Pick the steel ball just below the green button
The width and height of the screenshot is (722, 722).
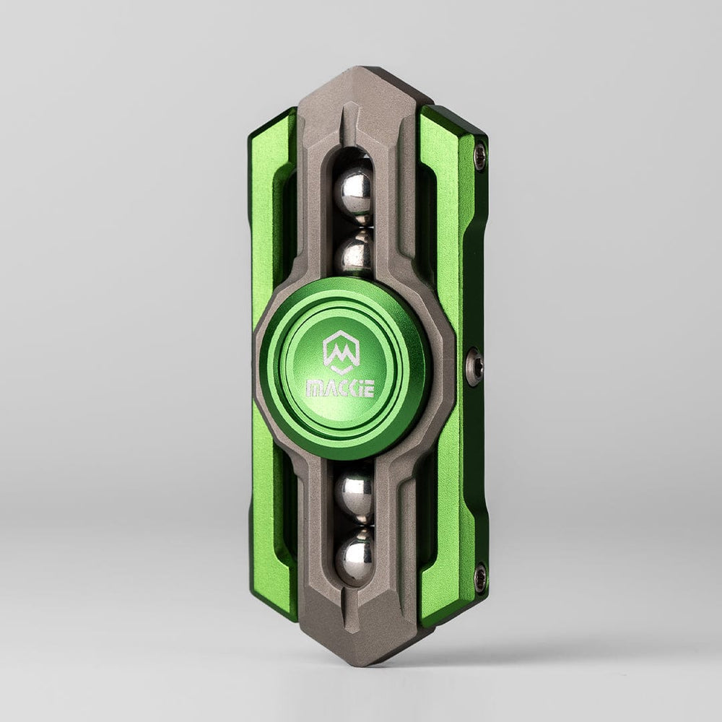[355, 497]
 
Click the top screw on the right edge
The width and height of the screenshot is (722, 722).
[481, 151]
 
